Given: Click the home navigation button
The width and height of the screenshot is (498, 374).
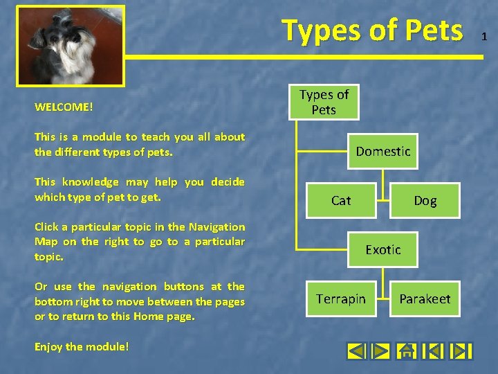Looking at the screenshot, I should (407, 351).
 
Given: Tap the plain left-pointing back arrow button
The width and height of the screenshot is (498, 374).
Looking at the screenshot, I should (356, 351).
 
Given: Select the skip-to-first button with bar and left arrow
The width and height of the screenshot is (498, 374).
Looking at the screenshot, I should (432, 351).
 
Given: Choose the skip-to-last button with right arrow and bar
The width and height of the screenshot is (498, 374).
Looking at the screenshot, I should (460, 351).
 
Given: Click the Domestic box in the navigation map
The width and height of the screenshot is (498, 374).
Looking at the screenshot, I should (383, 151).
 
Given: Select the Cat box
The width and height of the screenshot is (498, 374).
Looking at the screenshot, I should (341, 201).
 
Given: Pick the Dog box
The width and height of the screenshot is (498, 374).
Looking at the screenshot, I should (425, 201).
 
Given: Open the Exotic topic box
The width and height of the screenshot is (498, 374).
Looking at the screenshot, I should (383, 249).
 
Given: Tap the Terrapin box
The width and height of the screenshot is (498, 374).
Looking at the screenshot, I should (341, 299).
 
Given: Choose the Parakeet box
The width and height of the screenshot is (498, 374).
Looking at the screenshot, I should (425, 299).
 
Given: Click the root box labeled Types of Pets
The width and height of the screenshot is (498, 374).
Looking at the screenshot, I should (324, 103).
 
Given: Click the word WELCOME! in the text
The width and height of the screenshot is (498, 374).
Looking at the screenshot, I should (64, 107).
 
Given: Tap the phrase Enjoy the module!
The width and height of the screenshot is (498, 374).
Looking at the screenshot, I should (82, 346).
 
